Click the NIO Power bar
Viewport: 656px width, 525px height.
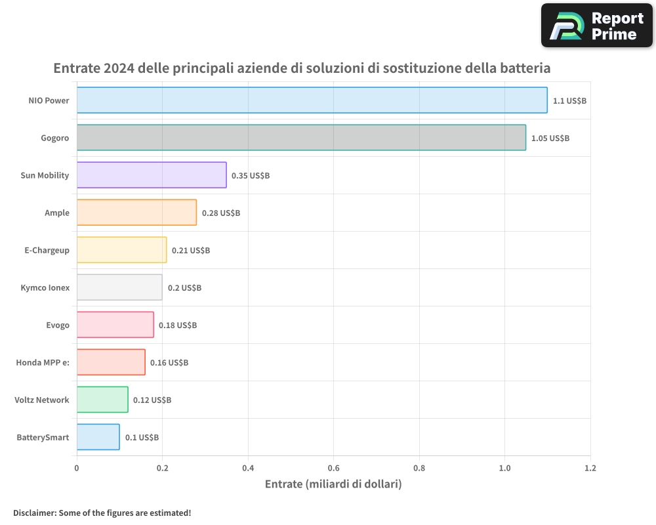point(312,100)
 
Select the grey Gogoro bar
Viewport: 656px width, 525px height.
point(301,138)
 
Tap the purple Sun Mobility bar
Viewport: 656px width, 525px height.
point(152,175)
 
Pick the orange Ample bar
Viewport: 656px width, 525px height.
point(136,213)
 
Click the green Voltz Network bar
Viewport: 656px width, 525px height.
point(102,400)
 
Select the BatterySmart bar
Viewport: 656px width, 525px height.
point(98,437)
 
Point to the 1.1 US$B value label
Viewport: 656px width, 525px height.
point(569,101)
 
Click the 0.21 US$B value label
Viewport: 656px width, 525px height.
point(191,251)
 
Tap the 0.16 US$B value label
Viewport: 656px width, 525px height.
point(169,363)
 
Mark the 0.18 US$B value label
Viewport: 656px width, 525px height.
point(178,325)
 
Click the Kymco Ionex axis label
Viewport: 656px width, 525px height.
point(45,288)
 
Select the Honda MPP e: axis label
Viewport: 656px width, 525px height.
point(43,363)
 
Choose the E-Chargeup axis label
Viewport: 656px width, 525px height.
point(46,251)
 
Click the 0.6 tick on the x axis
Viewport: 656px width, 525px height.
point(333,469)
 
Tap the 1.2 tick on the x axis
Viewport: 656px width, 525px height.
point(590,469)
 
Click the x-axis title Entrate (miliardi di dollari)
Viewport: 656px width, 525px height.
point(333,484)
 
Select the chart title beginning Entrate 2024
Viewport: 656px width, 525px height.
point(302,68)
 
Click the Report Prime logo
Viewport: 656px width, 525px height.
point(596,26)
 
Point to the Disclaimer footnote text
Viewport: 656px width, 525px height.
point(102,513)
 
